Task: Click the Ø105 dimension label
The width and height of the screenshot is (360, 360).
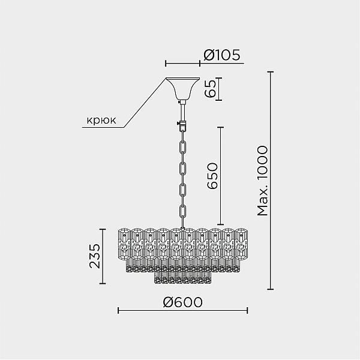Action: pyautogui.click(x=221, y=55)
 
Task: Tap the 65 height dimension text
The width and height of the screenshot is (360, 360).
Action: pyautogui.click(x=211, y=89)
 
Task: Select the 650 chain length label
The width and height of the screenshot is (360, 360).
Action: pyautogui.click(x=212, y=176)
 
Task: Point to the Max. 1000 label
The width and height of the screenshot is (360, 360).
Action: pyautogui.click(x=262, y=181)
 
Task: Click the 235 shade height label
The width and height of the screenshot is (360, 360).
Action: pyautogui.click(x=95, y=256)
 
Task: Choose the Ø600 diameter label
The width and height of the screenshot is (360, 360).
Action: pyautogui.click(x=183, y=302)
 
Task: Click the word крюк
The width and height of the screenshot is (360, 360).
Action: pyautogui.click(x=101, y=120)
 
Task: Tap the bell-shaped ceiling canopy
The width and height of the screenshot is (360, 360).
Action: pyautogui.click(x=183, y=88)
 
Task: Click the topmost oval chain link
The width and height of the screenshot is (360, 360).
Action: pyautogui.click(x=183, y=148)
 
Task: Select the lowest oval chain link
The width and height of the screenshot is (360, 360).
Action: pyautogui.click(x=183, y=212)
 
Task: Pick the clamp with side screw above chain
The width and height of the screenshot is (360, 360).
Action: pyautogui.click(x=182, y=125)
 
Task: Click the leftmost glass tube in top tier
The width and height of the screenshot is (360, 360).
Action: pyautogui.click(x=124, y=244)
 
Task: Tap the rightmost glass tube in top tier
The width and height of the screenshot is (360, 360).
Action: pyautogui.click(x=241, y=244)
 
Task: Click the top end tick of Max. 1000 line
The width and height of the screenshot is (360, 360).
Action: pyautogui.click(x=271, y=72)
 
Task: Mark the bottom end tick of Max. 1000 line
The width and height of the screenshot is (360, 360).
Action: pyautogui.click(x=271, y=289)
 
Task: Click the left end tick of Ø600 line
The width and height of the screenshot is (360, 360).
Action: pyautogui.click(x=118, y=311)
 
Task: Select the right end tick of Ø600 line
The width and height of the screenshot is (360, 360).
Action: pyautogui.click(x=247, y=311)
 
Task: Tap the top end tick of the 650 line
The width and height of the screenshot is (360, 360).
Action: pyautogui.click(x=221, y=127)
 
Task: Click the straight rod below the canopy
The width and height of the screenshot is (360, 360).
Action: pyautogui.click(x=183, y=113)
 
